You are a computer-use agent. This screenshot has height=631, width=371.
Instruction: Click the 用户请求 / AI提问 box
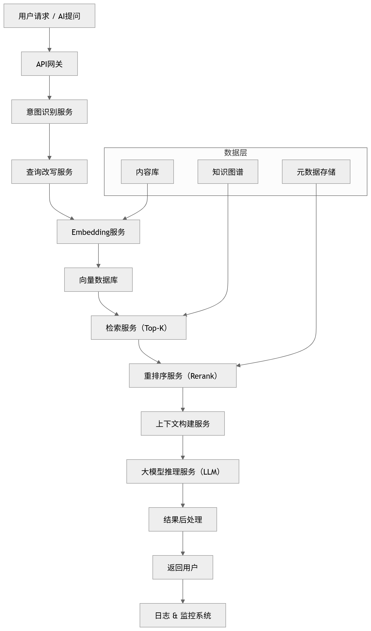pos(49,16)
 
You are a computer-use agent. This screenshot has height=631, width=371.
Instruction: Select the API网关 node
pos(49,64)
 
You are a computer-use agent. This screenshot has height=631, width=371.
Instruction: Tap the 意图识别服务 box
pos(49,112)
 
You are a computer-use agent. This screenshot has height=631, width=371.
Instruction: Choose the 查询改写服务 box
pos(49,172)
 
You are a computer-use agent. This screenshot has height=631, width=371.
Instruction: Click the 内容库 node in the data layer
pos(147,172)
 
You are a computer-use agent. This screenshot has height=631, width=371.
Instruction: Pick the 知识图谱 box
pos(228,172)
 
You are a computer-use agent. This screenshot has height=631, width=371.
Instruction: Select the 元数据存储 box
pos(316,172)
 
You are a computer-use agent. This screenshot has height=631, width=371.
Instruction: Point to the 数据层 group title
pos(235,153)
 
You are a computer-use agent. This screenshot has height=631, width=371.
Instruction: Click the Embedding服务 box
pos(98,232)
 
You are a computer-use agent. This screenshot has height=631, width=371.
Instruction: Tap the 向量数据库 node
pos(98,280)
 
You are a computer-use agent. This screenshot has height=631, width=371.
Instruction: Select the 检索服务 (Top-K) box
pos(139,328)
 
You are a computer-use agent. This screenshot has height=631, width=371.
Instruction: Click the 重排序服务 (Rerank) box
pos(183,376)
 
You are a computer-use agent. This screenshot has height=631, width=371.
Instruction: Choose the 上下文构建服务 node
pos(183,424)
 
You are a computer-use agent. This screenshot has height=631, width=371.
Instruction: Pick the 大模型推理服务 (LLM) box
pos(183,471)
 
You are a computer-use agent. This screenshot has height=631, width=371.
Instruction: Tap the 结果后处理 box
pos(183,520)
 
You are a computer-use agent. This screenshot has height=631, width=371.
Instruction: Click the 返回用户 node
pos(183,567)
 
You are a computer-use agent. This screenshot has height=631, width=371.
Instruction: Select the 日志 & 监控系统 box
pos(183,615)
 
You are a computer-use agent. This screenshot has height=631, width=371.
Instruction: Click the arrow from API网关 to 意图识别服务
pos(49,88)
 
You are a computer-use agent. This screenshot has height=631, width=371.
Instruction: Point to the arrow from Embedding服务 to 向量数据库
pos(98,256)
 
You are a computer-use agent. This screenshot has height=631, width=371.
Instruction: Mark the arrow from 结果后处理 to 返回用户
pos(183,543)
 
